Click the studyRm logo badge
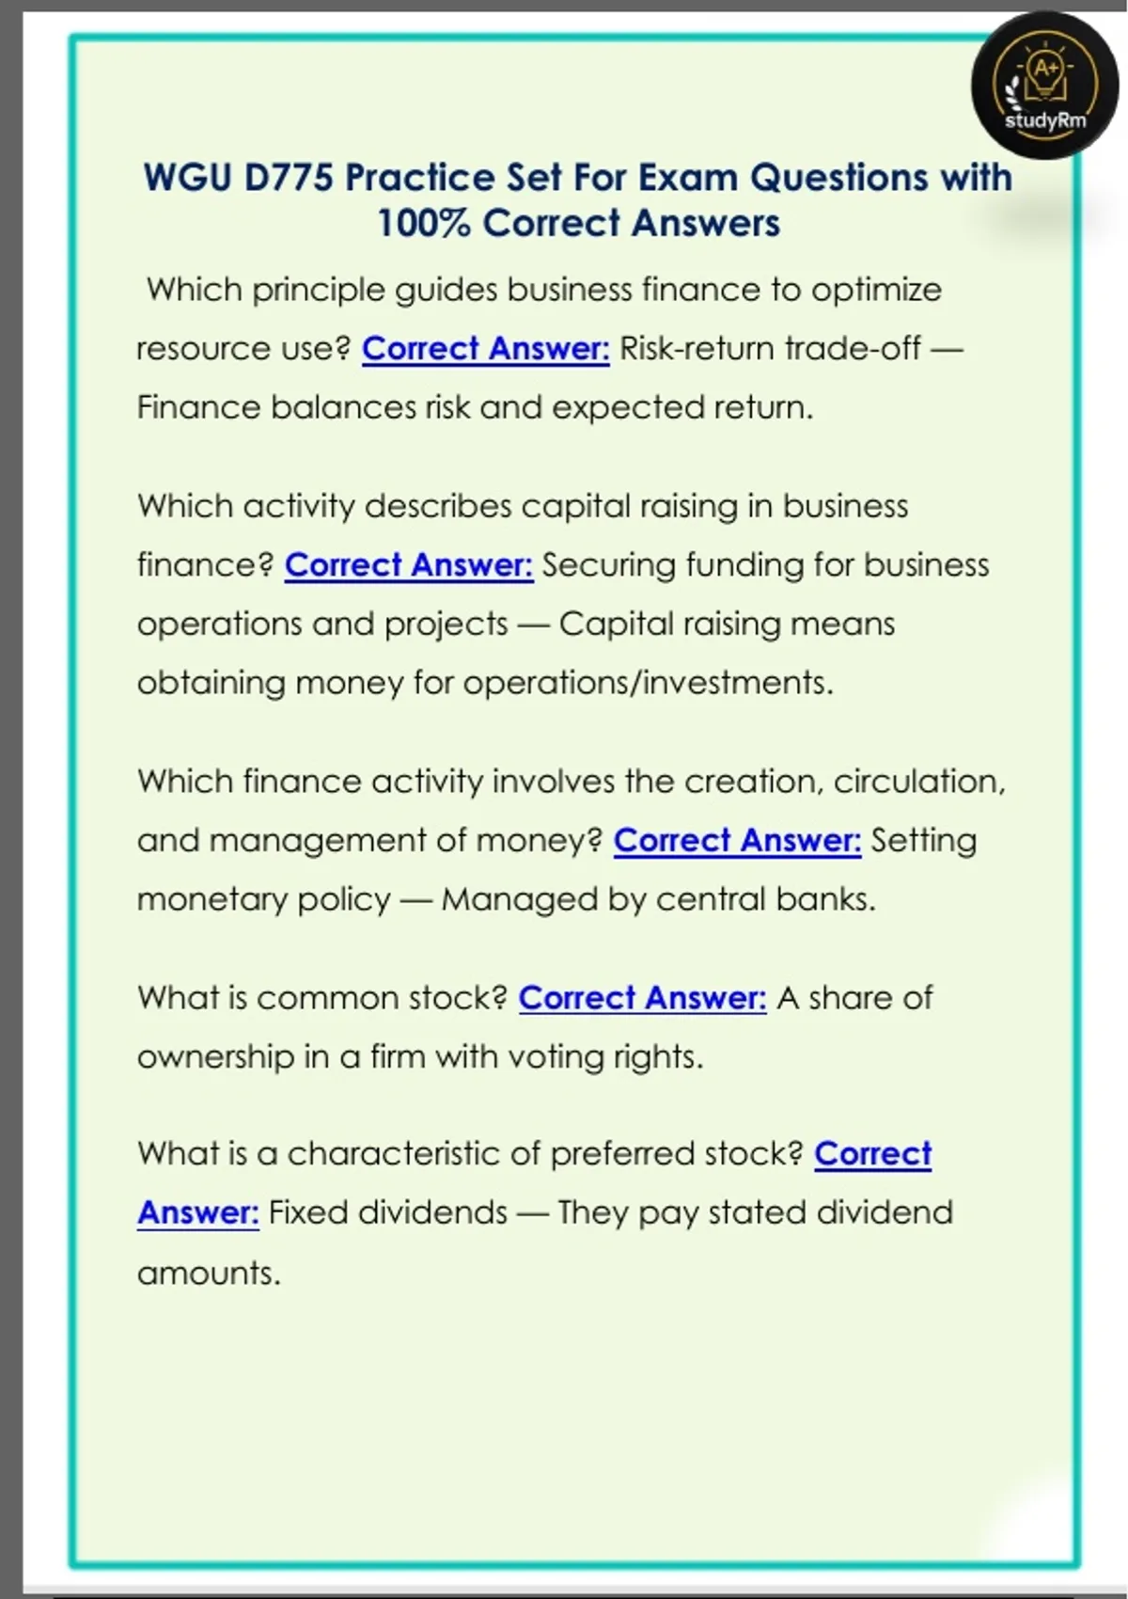1044,87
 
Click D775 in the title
288,178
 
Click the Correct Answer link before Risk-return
485,349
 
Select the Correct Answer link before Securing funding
408,565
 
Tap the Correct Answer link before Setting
737,841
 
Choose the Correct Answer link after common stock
642,998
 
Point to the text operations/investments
648,683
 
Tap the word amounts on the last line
208,1274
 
